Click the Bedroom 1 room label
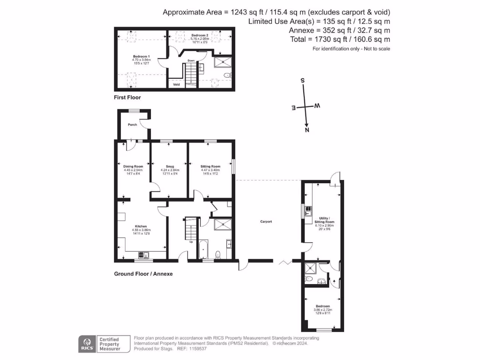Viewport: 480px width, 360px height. click(x=139, y=56)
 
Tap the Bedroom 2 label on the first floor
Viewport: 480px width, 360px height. click(x=200, y=35)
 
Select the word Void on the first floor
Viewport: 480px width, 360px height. click(x=176, y=85)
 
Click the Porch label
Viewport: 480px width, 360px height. click(x=132, y=125)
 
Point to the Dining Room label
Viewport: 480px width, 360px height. click(x=133, y=166)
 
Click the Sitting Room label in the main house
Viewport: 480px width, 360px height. click(x=210, y=166)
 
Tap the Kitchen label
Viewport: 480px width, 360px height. click(x=141, y=226)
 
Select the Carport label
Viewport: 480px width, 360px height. click(x=266, y=221)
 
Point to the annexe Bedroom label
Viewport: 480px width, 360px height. click(x=322, y=306)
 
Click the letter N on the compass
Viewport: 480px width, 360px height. click(x=307, y=130)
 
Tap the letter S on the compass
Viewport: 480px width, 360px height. click(x=303, y=81)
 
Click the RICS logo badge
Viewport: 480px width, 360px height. click(x=87, y=344)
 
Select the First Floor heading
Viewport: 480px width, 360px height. click(x=127, y=97)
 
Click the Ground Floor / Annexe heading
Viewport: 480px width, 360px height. click(x=143, y=274)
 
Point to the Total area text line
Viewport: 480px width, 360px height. click(x=340, y=40)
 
